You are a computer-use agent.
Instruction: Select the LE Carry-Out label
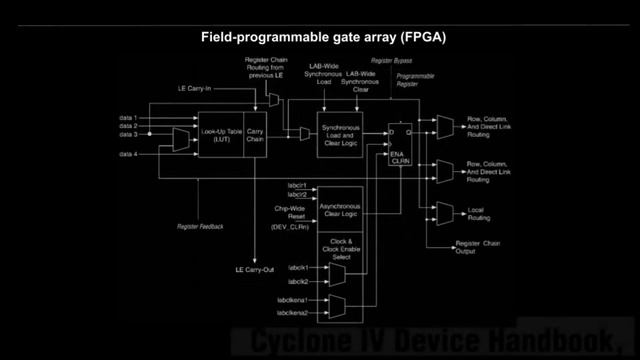click(x=254, y=270)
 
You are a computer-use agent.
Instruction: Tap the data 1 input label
click(x=128, y=118)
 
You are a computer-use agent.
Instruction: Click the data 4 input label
click(x=128, y=154)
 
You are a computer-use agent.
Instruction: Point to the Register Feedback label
click(x=201, y=227)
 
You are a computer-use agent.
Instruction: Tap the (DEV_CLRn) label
click(x=289, y=227)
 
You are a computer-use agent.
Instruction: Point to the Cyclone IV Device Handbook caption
click(x=435, y=339)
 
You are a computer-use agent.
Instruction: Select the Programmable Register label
click(x=415, y=79)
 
